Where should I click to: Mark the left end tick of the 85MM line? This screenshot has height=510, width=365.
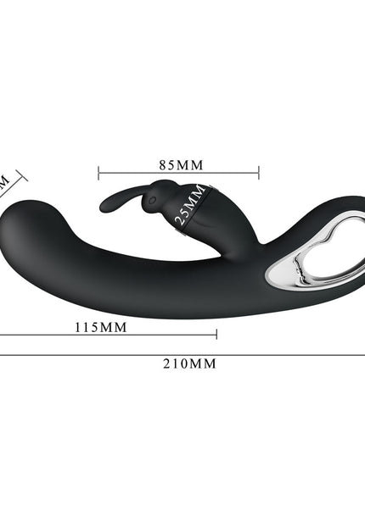pos(98,174)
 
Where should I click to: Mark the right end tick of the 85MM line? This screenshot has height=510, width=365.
pos(258,174)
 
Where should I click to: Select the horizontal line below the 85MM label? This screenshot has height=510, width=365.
pos(178,174)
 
